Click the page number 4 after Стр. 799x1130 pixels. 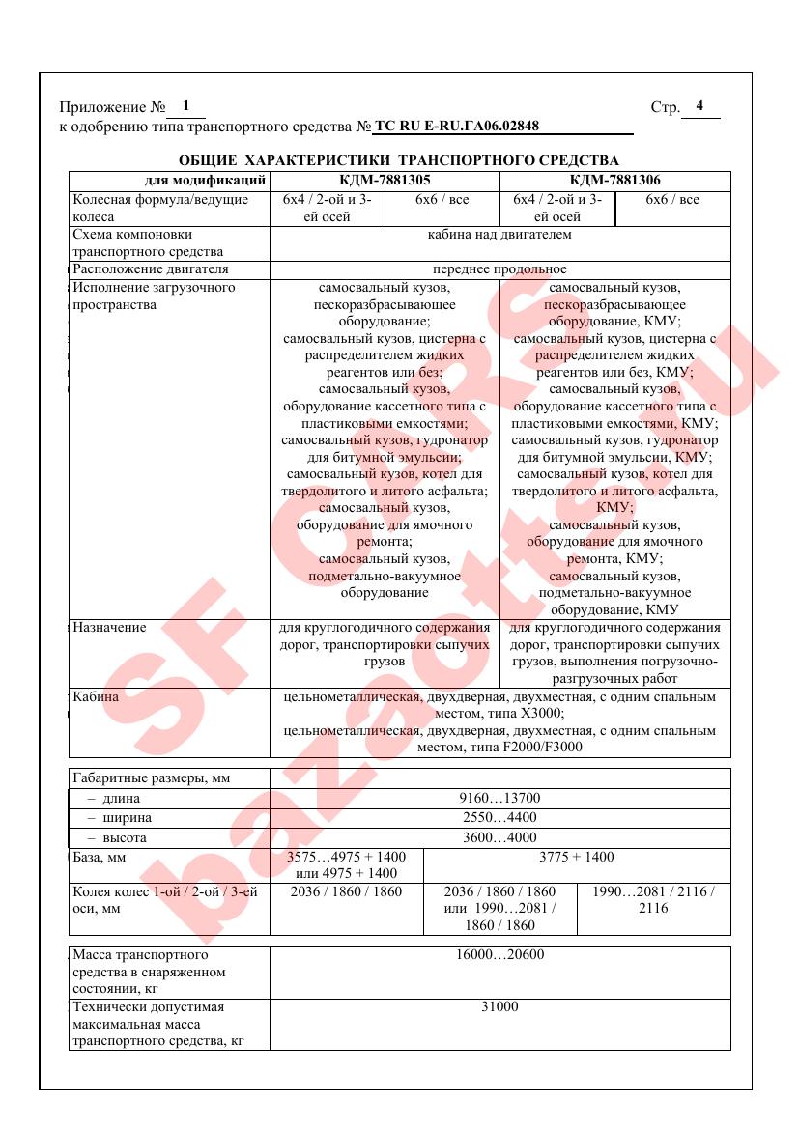[699, 106]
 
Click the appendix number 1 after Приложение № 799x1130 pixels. [186, 106]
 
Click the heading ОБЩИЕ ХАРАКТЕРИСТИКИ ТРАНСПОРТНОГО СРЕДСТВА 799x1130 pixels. [399, 159]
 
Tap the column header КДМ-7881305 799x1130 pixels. [385, 180]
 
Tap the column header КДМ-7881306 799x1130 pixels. [615, 180]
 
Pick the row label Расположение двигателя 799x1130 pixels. [151, 268]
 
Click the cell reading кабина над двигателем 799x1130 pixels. [499, 234]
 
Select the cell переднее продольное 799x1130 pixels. [499, 268]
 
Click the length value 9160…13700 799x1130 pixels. [499, 798]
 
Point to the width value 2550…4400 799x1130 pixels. [499, 817]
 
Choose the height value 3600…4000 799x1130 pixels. [499, 837]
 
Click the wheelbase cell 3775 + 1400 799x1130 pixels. [576, 857]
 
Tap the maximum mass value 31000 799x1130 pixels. [499, 1006]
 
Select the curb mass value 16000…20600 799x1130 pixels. [499, 954]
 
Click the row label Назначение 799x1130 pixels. [110, 627]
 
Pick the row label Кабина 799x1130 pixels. [96, 695]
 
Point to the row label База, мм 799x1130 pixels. [100, 857]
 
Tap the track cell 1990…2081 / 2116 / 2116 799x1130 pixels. [653, 900]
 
